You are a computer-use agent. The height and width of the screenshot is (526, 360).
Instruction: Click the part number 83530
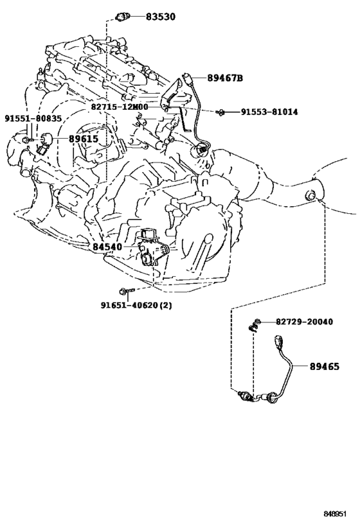pos(161,17)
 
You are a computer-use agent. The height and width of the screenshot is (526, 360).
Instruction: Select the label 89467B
pos(225,78)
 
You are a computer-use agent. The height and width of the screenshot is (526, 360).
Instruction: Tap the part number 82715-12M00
pos(120,107)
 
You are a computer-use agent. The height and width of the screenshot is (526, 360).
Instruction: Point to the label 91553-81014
pos(269,112)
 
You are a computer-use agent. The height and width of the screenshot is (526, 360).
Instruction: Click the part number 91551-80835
pos(33,118)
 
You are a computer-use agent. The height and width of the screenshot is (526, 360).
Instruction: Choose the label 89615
pos(84,139)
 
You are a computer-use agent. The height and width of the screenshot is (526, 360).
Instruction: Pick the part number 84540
pos(107,247)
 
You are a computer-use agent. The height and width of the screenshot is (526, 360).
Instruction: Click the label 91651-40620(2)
pos(136,305)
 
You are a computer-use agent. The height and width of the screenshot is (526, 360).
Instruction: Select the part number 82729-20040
pos(305,322)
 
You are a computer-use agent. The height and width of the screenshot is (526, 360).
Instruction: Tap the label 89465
pos(325,367)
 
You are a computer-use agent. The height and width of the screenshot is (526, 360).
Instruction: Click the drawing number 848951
pos(335,514)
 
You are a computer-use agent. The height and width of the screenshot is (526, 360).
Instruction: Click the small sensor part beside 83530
pos(122,16)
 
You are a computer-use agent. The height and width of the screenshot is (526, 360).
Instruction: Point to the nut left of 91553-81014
pos(221,112)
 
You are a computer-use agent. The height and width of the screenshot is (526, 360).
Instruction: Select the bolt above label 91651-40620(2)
pos(127,290)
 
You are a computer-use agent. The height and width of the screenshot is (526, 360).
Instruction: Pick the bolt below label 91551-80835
pos(28,140)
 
